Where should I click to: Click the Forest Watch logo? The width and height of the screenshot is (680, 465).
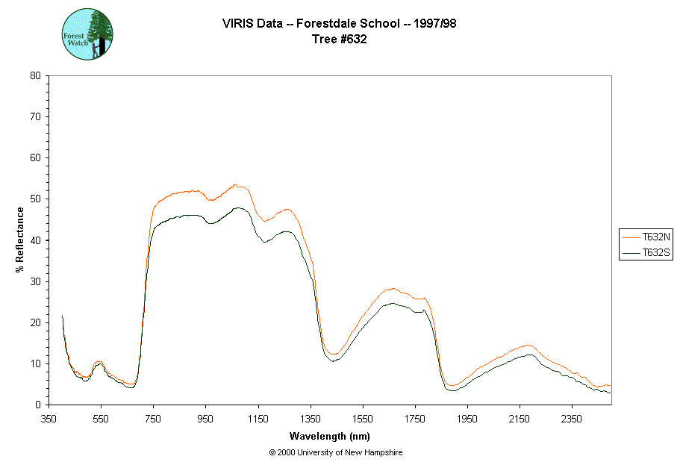coord(87,34)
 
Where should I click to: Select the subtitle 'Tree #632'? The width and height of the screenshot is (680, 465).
coord(339,40)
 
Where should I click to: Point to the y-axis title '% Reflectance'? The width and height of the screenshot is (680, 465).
coord(20,240)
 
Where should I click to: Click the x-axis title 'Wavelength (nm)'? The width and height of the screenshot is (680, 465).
coord(331,436)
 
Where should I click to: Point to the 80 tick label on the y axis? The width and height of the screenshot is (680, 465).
coord(35,75)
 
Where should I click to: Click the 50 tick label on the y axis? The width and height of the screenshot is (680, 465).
coord(35,199)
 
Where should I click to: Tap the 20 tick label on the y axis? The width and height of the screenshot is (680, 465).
coord(35,322)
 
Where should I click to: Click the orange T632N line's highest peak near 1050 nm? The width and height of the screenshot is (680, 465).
coord(234,185)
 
